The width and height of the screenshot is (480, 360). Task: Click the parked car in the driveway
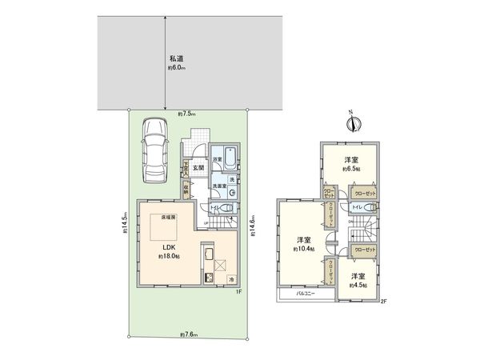(x=151, y=149)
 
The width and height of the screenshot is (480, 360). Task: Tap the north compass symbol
(x=356, y=123)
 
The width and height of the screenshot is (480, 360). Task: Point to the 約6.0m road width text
(x=177, y=69)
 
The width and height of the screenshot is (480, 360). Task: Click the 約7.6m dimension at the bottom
(x=188, y=334)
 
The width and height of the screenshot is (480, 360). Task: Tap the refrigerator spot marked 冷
(x=231, y=280)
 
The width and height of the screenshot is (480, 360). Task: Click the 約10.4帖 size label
(x=302, y=250)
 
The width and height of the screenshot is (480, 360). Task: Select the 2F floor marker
(x=383, y=302)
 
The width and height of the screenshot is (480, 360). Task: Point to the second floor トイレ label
(x=356, y=207)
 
